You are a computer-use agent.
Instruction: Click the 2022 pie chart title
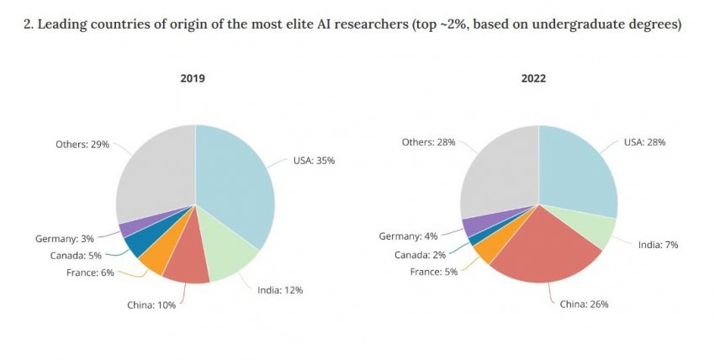(533, 78)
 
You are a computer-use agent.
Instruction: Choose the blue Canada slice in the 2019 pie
(135, 245)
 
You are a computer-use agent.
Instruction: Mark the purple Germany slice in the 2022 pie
(472, 225)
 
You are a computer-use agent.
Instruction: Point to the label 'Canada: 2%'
(421, 254)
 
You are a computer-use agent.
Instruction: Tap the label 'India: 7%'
(658, 244)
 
